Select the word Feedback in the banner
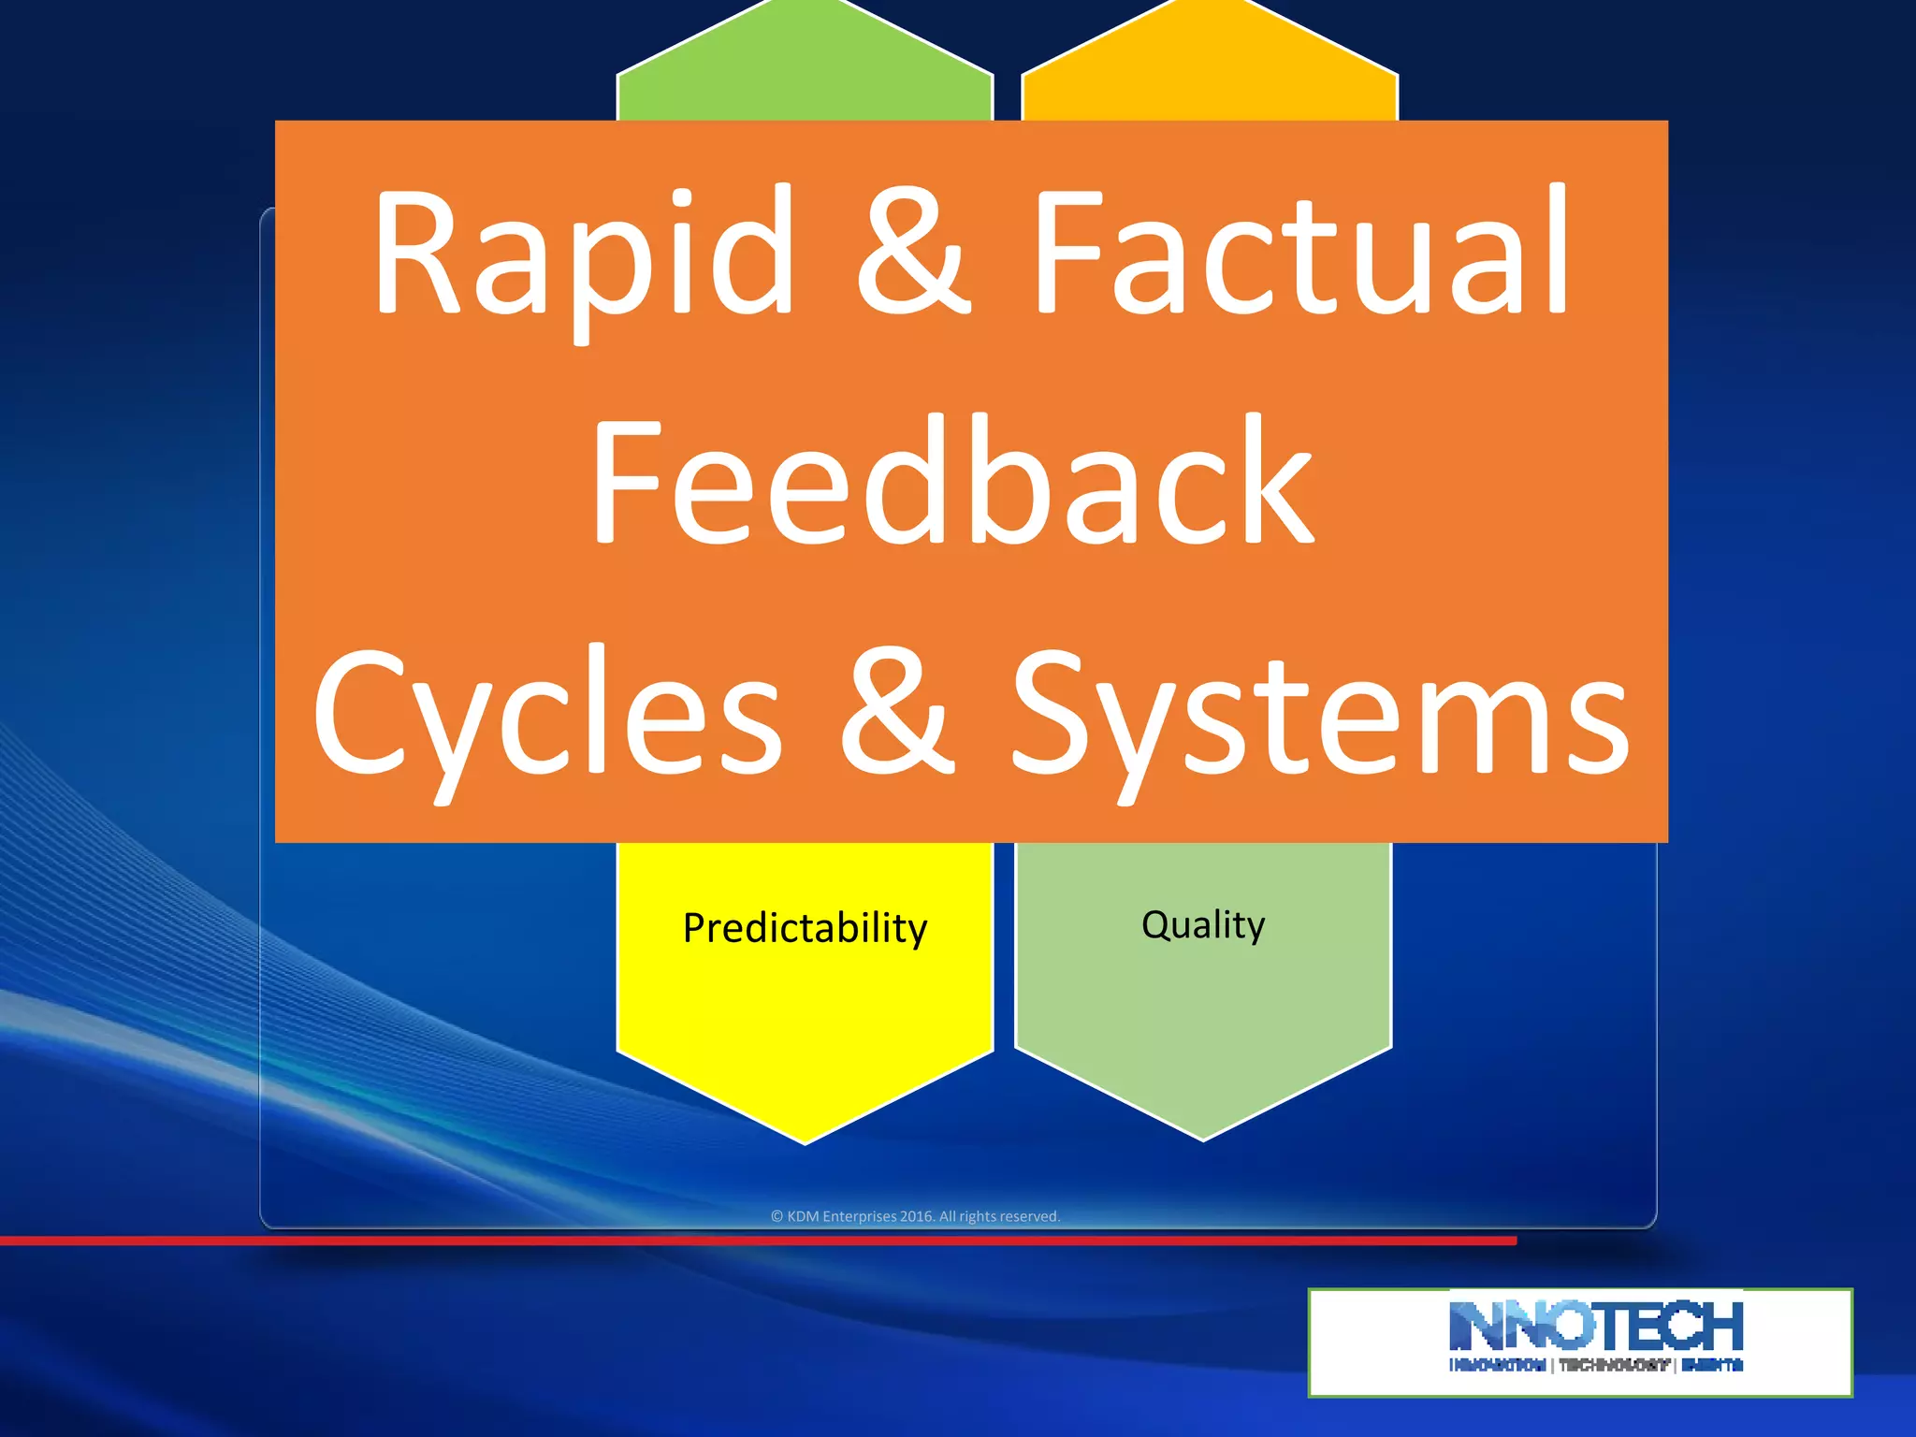[x=952, y=481]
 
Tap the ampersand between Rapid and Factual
[x=912, y=253]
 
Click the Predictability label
[x=805, y=928]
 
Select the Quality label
[x=1203, y=924]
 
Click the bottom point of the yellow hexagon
[x=805, y=1139]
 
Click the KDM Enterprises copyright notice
[x=915, y=1216]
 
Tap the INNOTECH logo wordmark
[x=1596, y=1326]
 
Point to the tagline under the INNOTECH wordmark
[x=1596, y=1365]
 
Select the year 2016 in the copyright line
[x=916, y=1216]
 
